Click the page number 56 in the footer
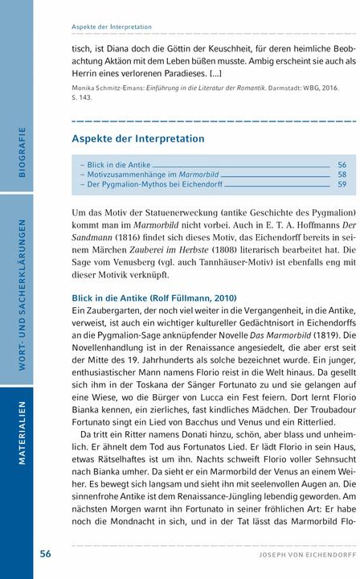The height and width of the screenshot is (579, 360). pos(46,554)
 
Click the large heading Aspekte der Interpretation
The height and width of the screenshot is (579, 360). pos(137,139)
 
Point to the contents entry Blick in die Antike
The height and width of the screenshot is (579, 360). pos(117,164)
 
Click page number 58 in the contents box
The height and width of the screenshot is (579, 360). pos(342,174)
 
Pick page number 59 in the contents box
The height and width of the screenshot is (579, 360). pos(342,184)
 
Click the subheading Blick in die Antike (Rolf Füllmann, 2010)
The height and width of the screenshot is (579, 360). pos(153,298)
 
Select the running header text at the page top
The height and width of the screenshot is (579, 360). pos(112,27)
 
